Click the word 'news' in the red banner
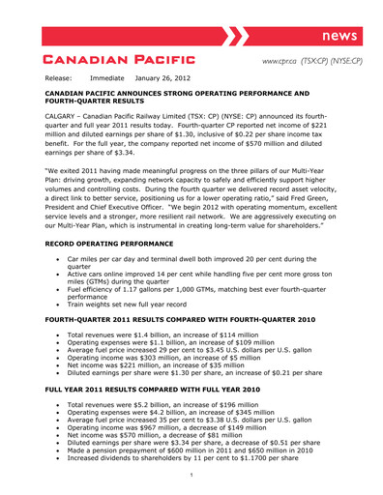tap(340, 36)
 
